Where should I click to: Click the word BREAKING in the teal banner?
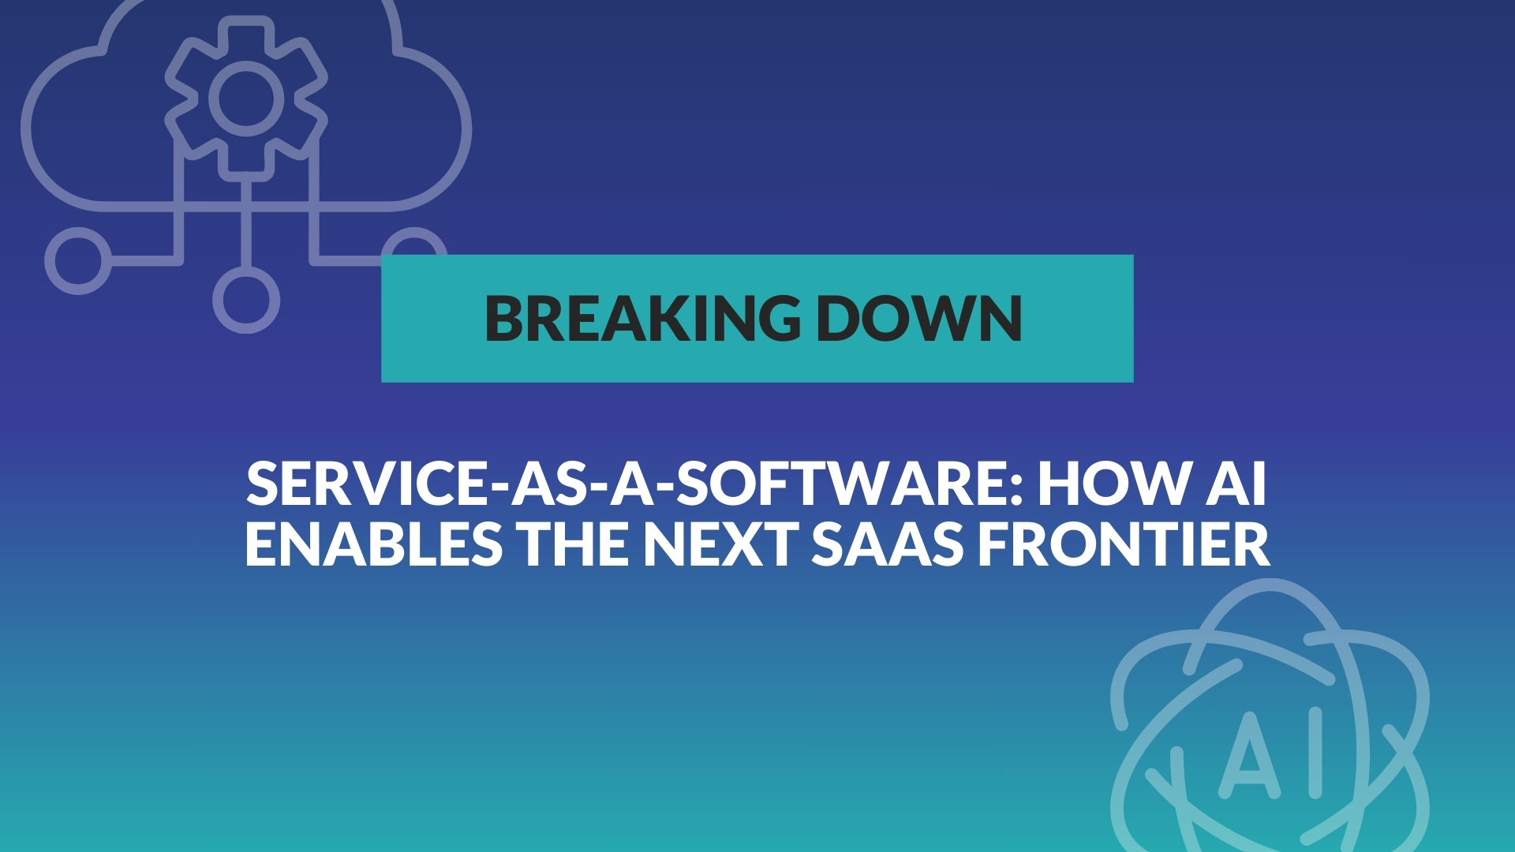(642, 318)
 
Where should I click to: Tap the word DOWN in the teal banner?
(919, 318)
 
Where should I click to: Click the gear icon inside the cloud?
(246, 98)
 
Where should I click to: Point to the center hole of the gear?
(246, 98)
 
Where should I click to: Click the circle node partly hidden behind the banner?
(415, 234)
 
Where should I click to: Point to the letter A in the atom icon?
(1250, 753)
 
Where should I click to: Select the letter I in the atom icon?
(1315, 752)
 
